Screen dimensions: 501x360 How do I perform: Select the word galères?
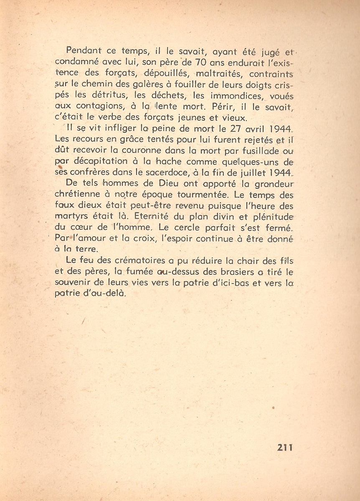pos(158,85)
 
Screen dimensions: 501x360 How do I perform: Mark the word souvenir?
pos(74,283)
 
